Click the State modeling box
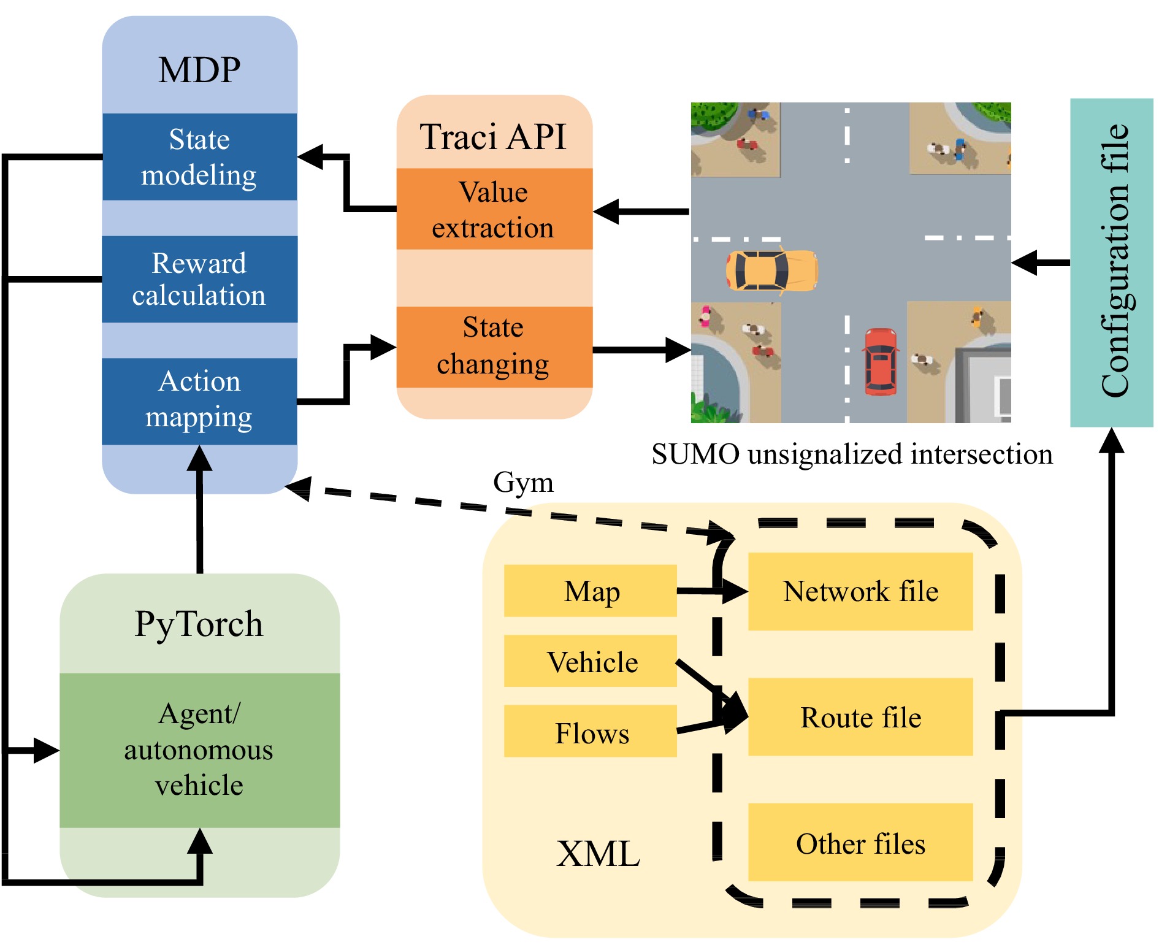pos(199,157)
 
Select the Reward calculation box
pos(199,279)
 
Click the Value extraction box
pos(494,209)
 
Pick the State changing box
pos(494,347)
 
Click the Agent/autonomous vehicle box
pos(199,749)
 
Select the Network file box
pos(860,591)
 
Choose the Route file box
pos(860,716)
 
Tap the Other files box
pos(860,843)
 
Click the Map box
pos(590,591)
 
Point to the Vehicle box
pos(590,661)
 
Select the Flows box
pos(590,732)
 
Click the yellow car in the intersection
pos(771,270)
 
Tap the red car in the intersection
pos(880,362)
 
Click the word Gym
pos(523,482)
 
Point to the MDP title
pos(199,69)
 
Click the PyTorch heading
pos(199,624)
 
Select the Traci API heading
pos(494,136)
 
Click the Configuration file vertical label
pos(1113,261)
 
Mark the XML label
pos(598,853)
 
